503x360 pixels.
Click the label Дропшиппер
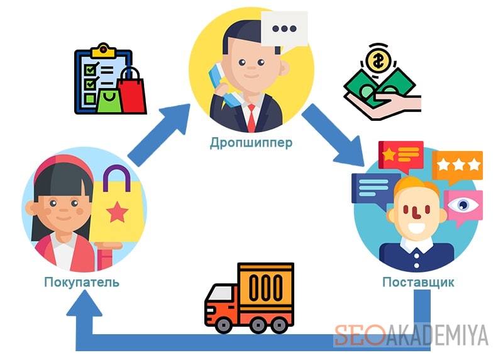point(251,143)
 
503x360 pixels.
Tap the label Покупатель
point(82,282)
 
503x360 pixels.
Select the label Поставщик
point(418,282)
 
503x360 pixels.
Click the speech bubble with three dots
point(284,30)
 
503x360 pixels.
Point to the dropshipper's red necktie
point(251,118)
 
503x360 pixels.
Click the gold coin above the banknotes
point(378,61)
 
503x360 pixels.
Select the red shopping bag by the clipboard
point(131,91)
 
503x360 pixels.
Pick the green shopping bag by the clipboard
point(109,101)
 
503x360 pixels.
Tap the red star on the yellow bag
point(117,212)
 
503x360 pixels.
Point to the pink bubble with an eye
point(463,206)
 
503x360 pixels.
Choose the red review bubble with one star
point(401,155)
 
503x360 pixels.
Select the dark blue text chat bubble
point(375,189)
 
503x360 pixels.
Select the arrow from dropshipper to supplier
point(334,135)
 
